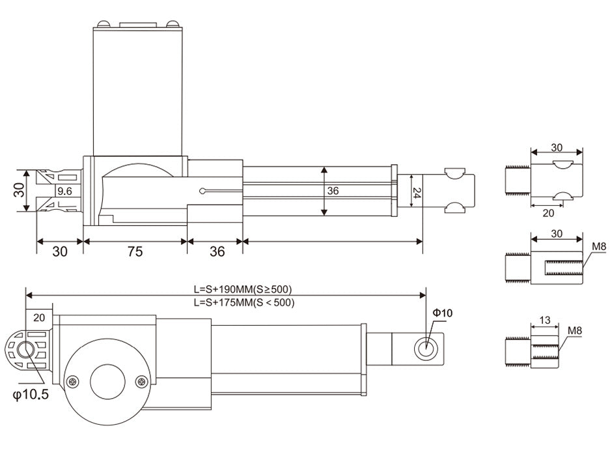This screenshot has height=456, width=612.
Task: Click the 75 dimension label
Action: [x=135, y=251]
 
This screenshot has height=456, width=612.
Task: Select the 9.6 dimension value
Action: [x=64, y=191]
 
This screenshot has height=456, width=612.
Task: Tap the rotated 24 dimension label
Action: [x=417, y=193]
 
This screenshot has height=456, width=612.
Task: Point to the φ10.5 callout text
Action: [x=31, y=394]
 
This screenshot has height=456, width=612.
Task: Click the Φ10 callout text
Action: [x=443, y=313]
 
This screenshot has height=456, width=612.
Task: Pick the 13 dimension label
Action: [x=544, y=320]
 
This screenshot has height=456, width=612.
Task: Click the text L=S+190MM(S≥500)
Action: [x=243, y=289]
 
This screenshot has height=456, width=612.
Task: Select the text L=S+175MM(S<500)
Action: [x=244, y=302]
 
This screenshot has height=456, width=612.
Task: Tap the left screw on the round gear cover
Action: [x=73, y=382]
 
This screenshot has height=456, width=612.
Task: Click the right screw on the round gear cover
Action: [x=141, y=382]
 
